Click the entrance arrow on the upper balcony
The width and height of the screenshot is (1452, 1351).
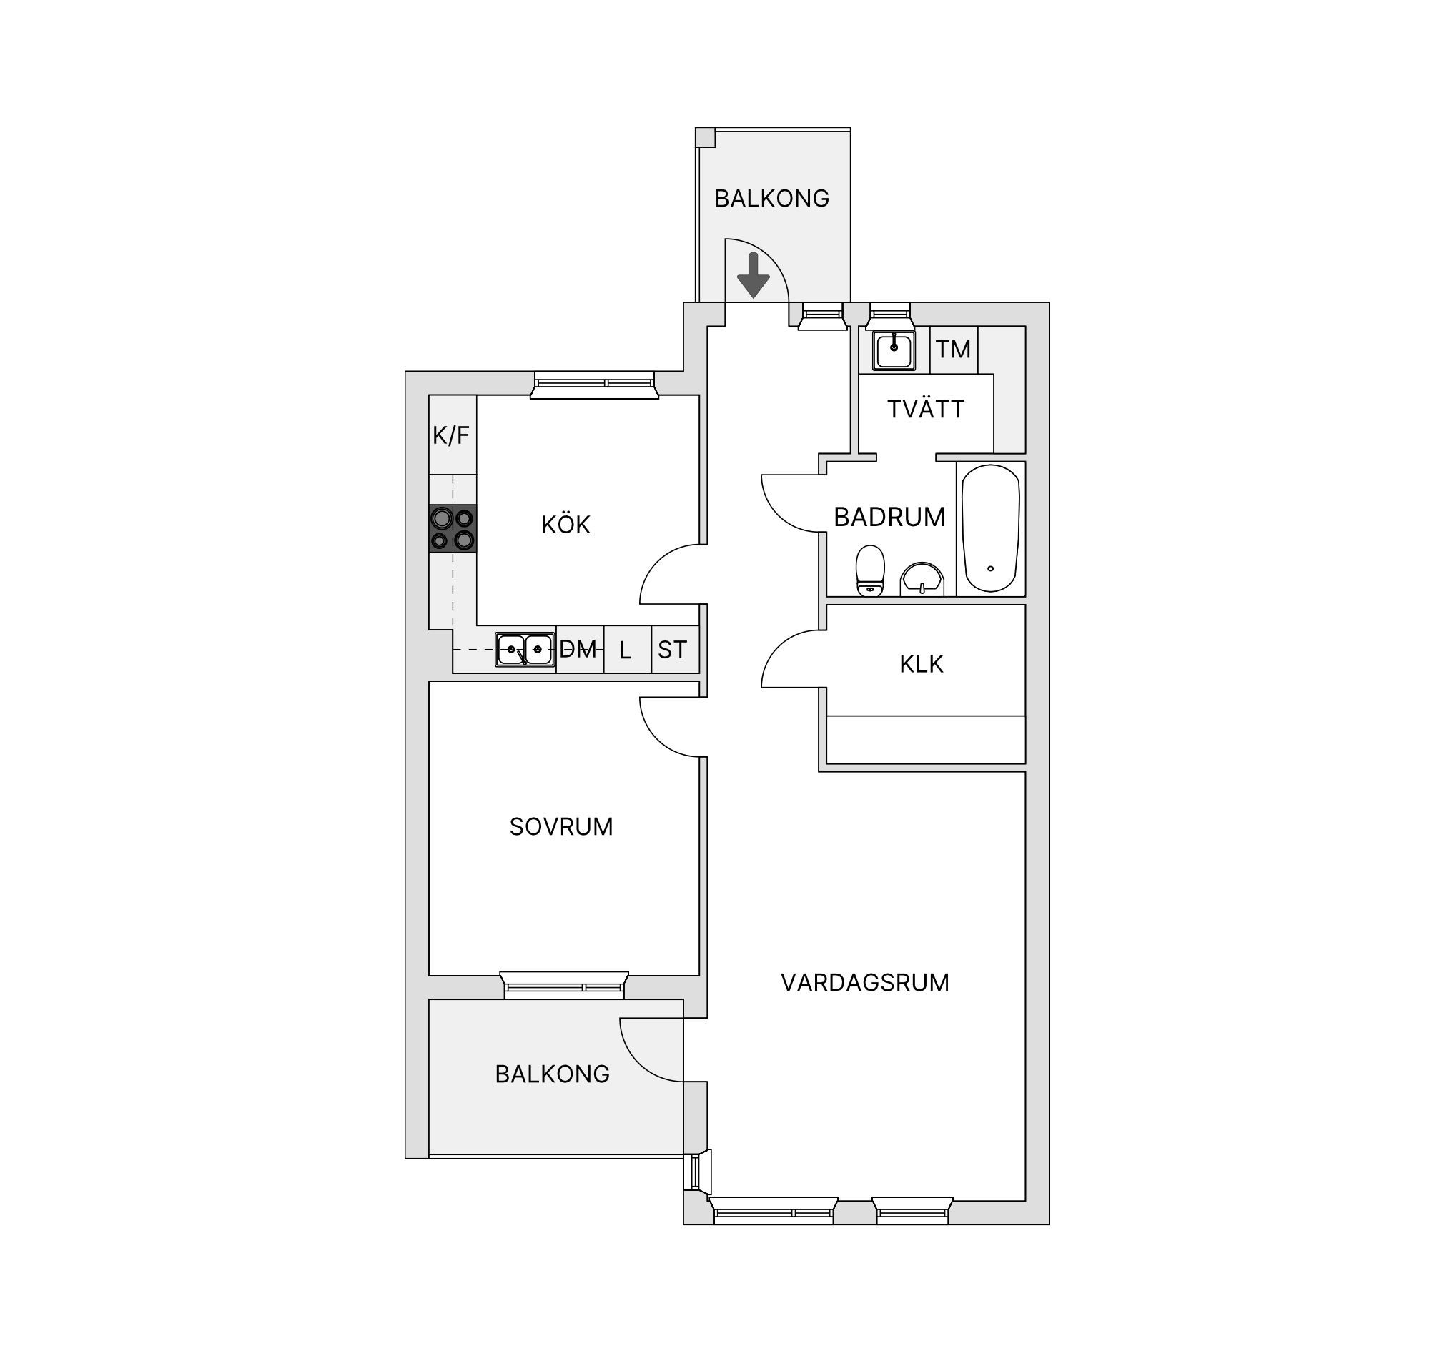coord(753,275)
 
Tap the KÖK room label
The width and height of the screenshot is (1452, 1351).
coord(566,524)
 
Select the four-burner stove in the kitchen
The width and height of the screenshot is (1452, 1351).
coord(453,529)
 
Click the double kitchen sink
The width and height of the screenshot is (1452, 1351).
coord(525,649)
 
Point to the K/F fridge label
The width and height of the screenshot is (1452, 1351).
coord(451,436)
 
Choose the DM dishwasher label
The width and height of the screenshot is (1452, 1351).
coord(578,649)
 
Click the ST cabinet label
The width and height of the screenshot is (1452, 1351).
coord(673,650)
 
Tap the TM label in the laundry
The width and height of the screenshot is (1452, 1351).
coord(954,350)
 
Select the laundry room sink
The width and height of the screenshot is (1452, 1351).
coord(894,350)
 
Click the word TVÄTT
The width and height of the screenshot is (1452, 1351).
coord(926,409)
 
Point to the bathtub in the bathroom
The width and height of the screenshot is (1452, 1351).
coord(990,528)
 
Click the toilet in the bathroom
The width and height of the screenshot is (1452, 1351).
coord(870,570)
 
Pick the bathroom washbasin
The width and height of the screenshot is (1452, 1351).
coord(922,579)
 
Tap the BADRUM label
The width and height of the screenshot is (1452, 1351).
coord(889,517)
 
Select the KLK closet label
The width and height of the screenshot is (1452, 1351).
coord(922,664)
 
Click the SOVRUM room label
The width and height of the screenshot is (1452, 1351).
coord(561,826)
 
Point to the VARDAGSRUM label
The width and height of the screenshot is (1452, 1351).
coord(865,983)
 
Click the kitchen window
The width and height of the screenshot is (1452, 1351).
coord(595,385)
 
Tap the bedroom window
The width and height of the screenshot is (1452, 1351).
coord(564,985)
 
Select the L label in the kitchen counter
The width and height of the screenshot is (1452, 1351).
coord(626,650)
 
